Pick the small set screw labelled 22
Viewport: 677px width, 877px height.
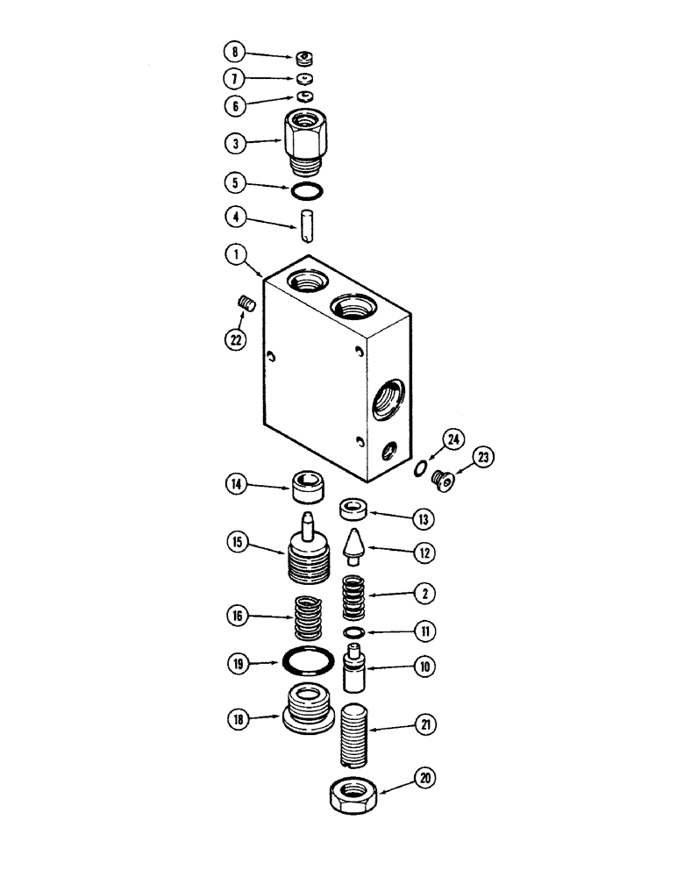point(246,304)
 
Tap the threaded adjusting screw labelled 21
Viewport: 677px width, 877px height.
point(355,731)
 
